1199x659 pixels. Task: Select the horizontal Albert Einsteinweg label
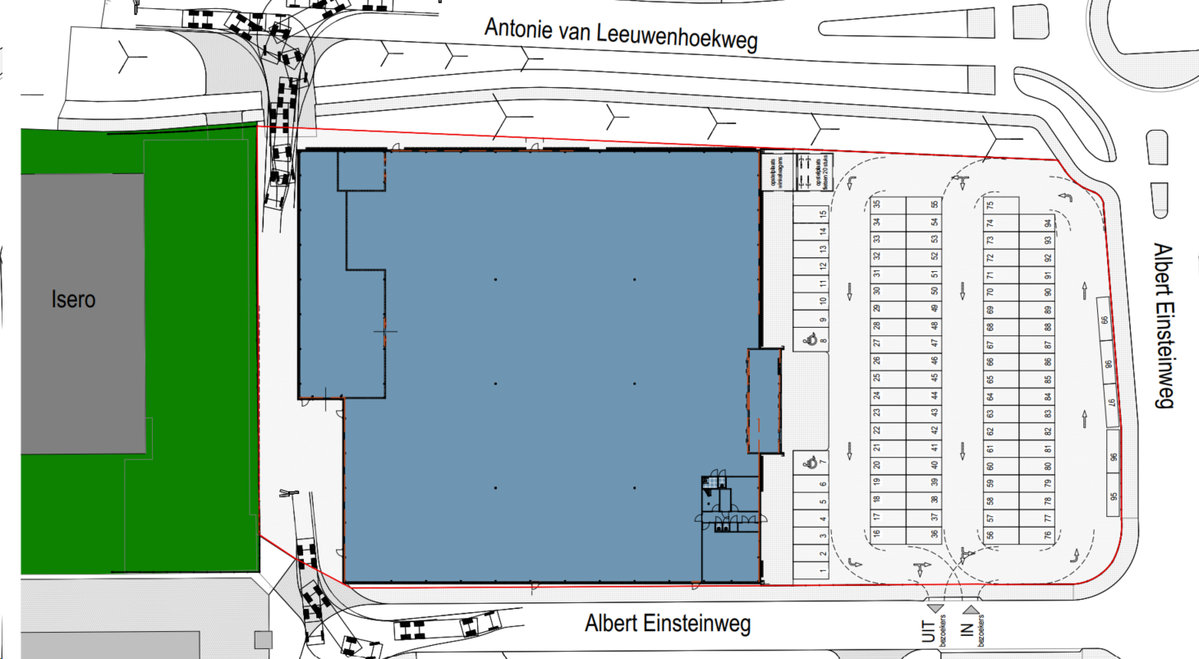668,624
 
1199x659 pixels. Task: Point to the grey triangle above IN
971,609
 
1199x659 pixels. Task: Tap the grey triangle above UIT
935,608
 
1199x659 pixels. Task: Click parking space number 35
877,205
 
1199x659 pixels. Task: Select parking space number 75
990,205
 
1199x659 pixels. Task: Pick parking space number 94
1048,223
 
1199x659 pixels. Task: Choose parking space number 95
1114,496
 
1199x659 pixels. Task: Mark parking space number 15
822,214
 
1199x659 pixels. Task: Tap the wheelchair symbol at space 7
810,463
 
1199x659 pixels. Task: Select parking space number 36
934,534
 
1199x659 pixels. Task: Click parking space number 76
1048,535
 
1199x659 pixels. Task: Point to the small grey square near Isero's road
263,639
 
